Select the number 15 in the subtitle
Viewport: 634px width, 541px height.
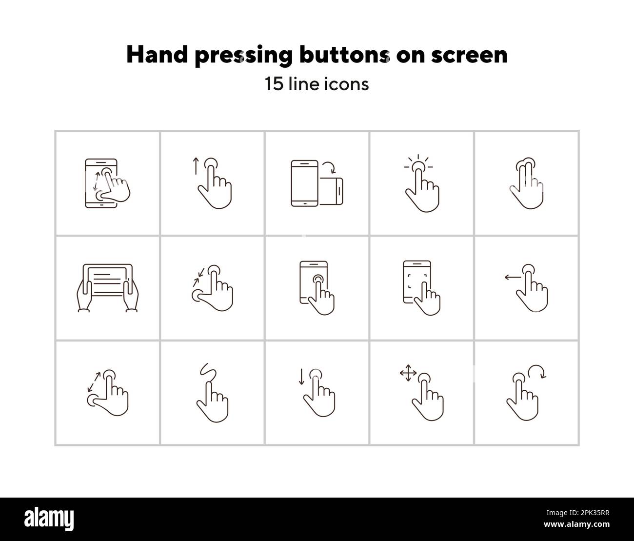coord(273,84)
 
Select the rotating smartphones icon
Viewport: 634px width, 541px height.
coord(317,183)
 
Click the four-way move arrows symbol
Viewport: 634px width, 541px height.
coord(408,374)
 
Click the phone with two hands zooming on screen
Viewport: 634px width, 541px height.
coord(105,183)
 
